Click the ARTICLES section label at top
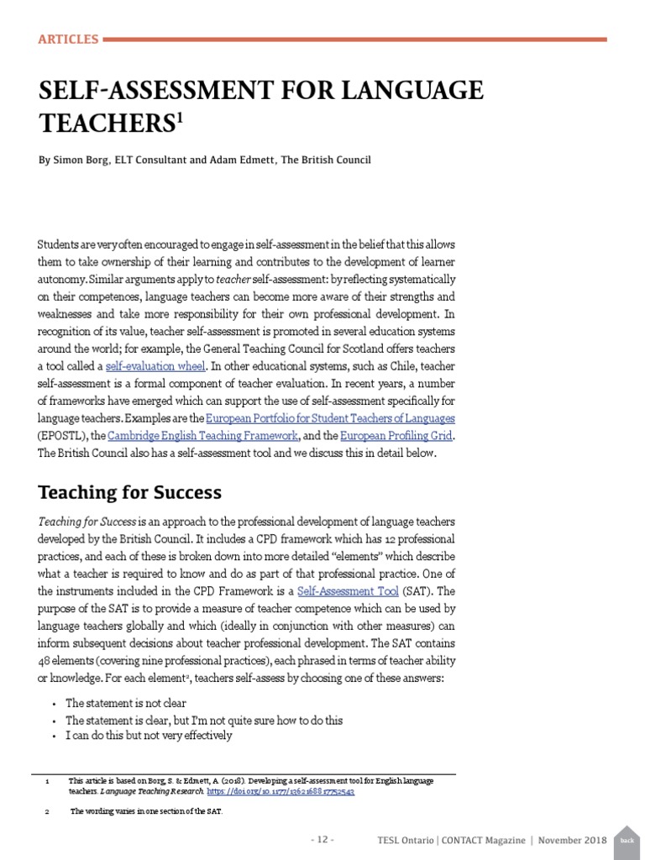(x=69, y=39)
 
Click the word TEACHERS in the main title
(x=105, y=123)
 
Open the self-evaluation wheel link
(x=154, y=366)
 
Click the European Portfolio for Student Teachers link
(x=330, y=417)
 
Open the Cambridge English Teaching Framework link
(x=203, y=435)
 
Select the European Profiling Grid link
(x=396, y=435)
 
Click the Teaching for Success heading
(x=130, y=492)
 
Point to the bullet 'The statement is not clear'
(x=126, y=703)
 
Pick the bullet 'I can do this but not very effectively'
(x=149, y=735)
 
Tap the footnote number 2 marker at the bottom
(x=47, y=811)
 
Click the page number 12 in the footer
(x=323, y=840)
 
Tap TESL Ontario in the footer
(x=406, y=840)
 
